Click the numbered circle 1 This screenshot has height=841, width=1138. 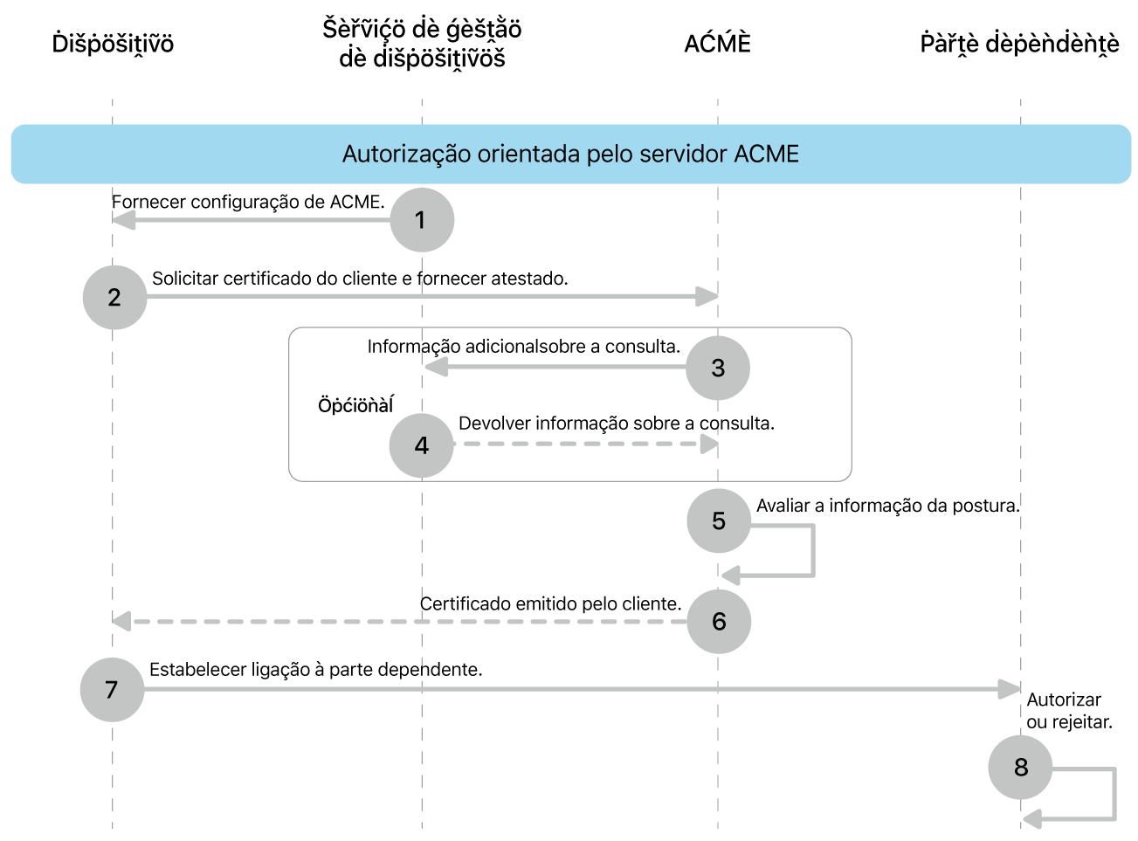pyautogui.click(x=422, y=219)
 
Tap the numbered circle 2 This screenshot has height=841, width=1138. pyautogui.click(x=114, y=297)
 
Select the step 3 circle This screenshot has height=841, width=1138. pyautogui.click(x=718, y=368)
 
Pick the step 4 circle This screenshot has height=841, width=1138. pyautogui.click(x=422, y=445)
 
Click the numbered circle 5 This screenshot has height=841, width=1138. pyautogui.click(x=719, y=520)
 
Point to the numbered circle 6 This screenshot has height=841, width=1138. pyautogui.click(x=719, y=621)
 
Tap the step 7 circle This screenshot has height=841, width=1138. pyautogui.click(x=112, y=689)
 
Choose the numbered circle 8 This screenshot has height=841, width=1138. pyautogui.click(x=1020, y=767)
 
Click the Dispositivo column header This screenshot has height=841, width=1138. pyautogui.click(x=113, y=44)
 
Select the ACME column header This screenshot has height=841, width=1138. pyautogui.click(x=717, y=44)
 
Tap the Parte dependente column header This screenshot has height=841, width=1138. pyautogui.click(x=1019, y=44)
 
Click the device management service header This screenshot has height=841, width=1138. pyautogui.click(x=422, y=44)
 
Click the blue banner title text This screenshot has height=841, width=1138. pyautogui.click(x=570, y=154)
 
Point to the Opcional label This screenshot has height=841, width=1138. pyautogui.click(x=355, y=405)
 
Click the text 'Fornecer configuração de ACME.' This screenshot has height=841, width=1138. pyautogui.click(x=248, y=202)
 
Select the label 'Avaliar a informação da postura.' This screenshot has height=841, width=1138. pyautogui.click(x=887, y=505)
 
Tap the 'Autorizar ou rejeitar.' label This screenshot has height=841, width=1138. pyautogui.click(x=1068, y=711)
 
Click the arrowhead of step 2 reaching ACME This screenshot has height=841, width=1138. pyautogui.click(x=707, y=297)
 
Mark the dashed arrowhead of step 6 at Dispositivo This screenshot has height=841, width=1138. pyautogui.click(x=122, y=621)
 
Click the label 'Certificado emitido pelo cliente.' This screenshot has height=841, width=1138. pyautogui.click(x=550, y=603)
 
